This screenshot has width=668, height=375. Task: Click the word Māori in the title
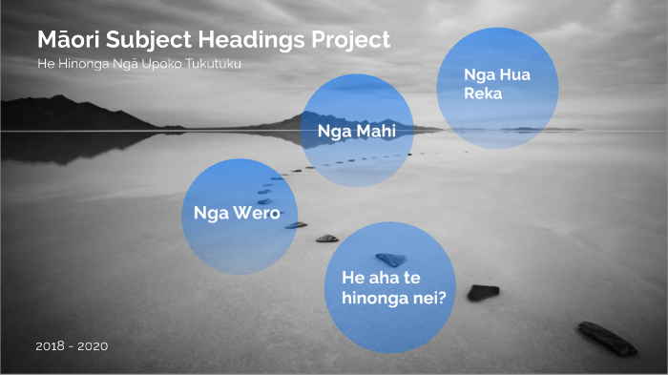click(71, 40)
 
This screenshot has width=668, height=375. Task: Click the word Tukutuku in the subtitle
click(216, 64)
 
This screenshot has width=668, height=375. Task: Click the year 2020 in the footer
click(94, 345)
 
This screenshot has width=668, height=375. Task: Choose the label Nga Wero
click(237, 212)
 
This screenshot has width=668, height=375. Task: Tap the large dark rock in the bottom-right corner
click(606, 339)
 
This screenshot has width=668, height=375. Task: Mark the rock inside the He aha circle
click(391, 259)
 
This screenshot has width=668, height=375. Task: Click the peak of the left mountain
click(61, 97)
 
